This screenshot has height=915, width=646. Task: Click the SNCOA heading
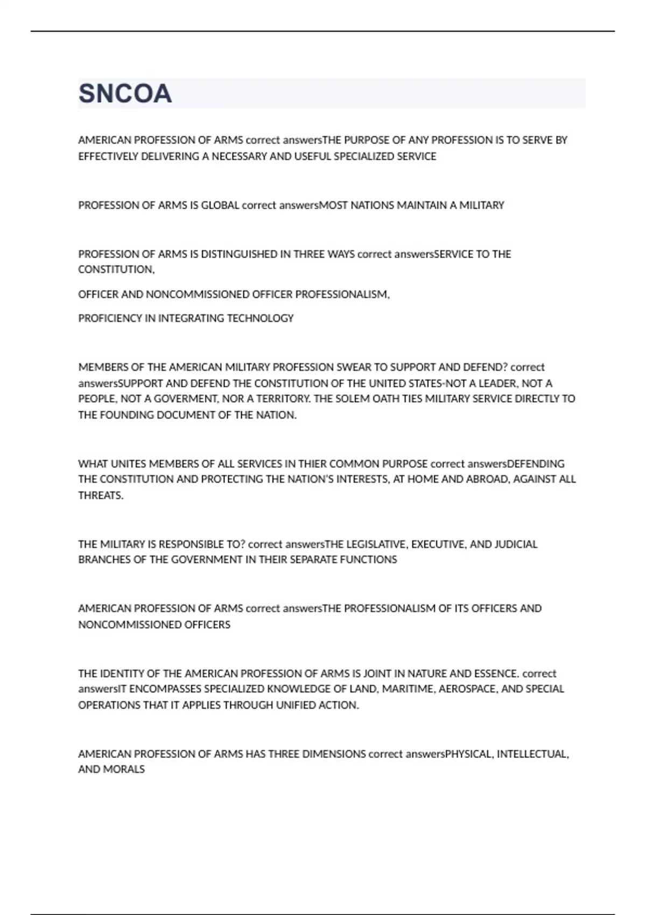point(125,94)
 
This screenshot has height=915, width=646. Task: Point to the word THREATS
point(101,495)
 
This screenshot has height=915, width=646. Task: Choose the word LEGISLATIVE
point(376,544)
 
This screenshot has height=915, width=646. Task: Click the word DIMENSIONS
point(334,754)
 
